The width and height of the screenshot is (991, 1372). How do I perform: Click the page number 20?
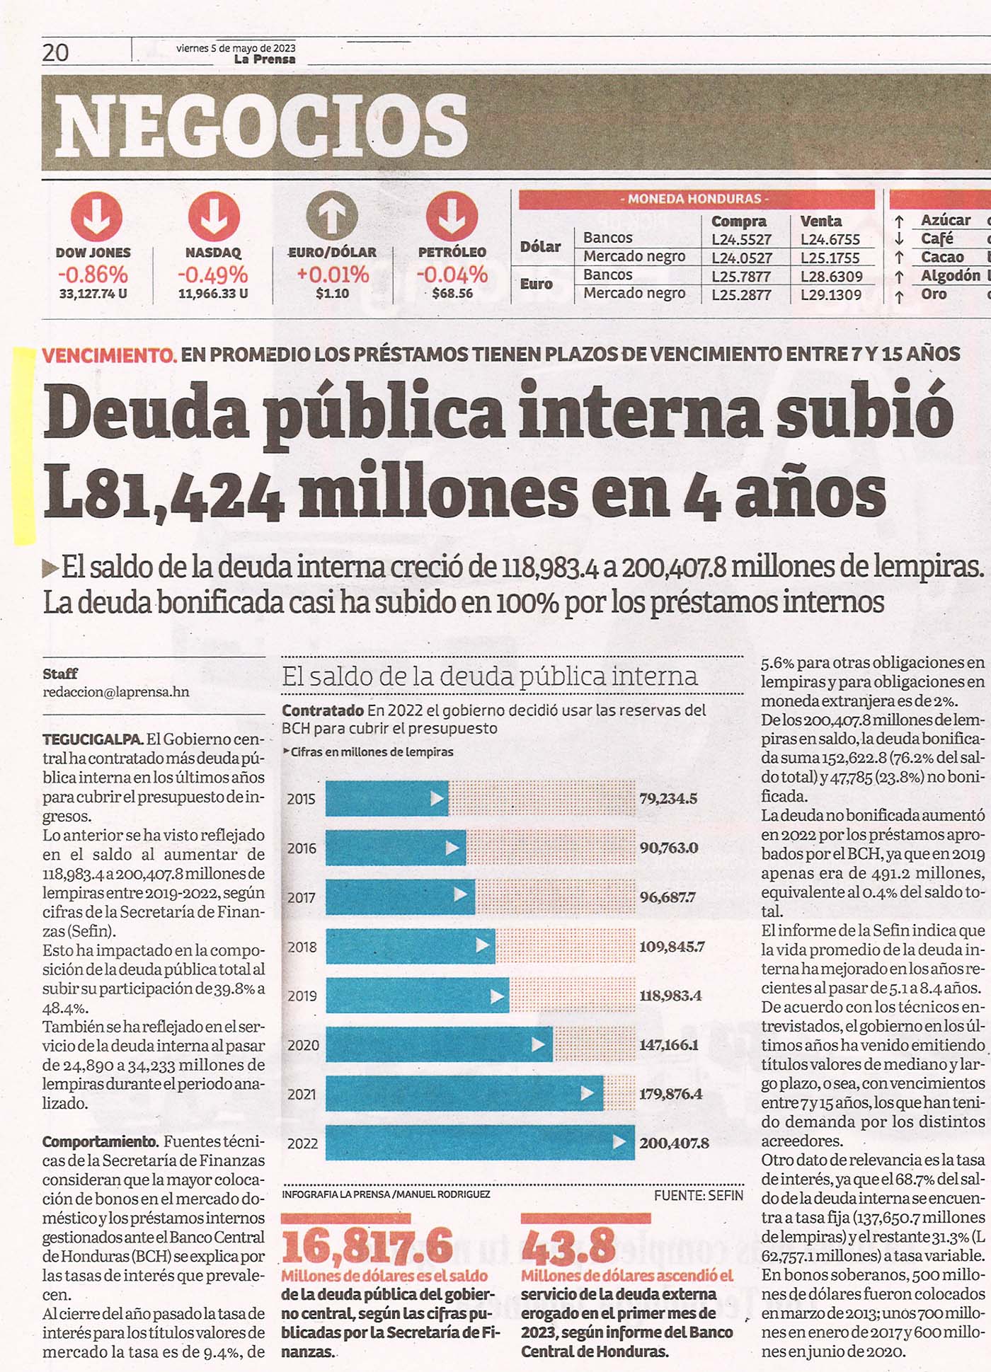click(56, 52)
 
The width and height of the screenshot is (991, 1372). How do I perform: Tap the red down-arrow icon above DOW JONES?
click(96, 217)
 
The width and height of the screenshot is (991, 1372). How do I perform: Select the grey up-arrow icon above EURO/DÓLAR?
click(331, 217)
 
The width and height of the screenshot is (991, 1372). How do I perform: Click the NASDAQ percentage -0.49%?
click(212, 275)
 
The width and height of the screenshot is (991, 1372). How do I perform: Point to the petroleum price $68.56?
click(452, 293)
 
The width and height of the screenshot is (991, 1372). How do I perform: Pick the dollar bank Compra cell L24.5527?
click(741, 240)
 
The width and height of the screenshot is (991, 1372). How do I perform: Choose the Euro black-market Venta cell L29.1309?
click(831, 294)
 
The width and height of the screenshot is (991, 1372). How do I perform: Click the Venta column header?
click(820, 221)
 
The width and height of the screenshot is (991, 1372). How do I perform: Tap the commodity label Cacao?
click(942, 257)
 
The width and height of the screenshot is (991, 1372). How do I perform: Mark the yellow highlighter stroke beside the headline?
click(25, 446)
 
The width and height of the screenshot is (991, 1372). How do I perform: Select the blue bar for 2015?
click(387, 798)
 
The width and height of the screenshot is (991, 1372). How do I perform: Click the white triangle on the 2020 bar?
click(538, 1044)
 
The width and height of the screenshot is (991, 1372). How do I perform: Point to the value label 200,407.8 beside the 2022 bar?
click(674, 1143)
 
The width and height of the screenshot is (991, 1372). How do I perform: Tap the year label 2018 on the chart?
click(302, 947)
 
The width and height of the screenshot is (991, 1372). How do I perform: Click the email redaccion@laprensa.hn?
click(116, 692)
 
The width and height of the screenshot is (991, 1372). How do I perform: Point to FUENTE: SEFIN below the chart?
click(699, 1195)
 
